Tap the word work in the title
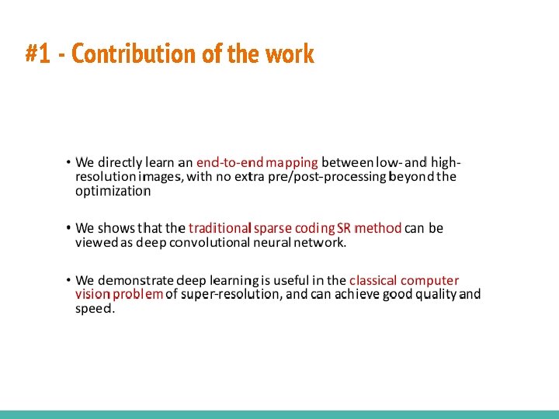coord(289,54)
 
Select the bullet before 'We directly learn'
coord(68,162)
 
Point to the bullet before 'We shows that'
coord(68,228)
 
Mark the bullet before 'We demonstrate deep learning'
coord(68,280)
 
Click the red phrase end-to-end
coord(230,162)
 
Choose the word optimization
coord(113,191)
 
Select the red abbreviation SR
coord(344,228)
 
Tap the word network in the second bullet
coord(318,242)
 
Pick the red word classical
coord(373,280)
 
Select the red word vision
coord(92,294)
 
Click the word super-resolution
coord(231,294)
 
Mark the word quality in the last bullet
coord(436,295)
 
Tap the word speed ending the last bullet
coord(94,309)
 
